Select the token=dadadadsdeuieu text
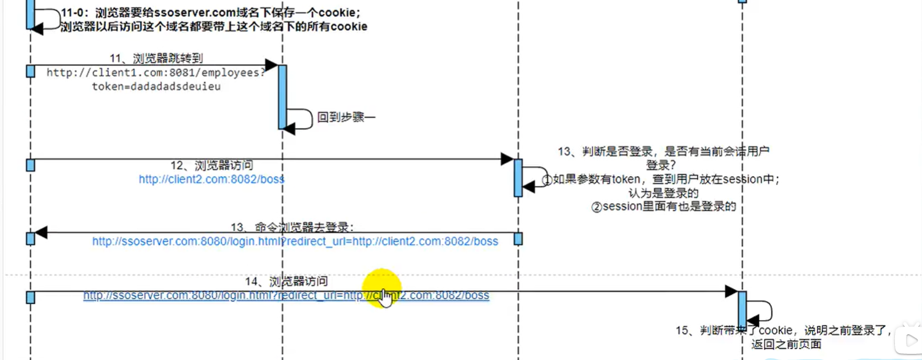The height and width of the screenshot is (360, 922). point(156,87)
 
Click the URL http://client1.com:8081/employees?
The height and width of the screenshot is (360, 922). point(156,73)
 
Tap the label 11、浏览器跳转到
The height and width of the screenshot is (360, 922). point(156,58)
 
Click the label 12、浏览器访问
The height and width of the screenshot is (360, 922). point(212,166)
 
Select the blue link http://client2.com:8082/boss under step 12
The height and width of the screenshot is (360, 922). point(212,180)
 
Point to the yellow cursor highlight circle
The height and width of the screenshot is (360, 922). point(381,288)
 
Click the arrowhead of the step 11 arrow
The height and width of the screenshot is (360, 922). point(271,65)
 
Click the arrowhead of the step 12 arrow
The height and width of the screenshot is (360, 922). point(507,159)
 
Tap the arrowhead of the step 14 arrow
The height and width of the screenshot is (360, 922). point(731,291)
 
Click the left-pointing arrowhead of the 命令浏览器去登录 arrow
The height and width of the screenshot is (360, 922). point(41,233)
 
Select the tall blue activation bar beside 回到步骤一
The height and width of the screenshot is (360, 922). point(282,97)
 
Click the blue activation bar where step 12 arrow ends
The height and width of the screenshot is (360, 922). point(518,178)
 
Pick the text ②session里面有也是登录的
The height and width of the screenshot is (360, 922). point(663,207)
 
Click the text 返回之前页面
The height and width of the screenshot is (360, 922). point(786,345)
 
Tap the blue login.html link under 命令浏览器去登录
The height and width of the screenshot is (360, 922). point(295,241)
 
